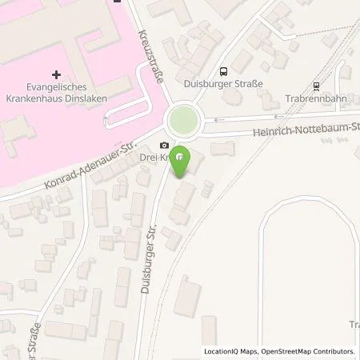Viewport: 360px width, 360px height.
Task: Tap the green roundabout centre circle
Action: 182,122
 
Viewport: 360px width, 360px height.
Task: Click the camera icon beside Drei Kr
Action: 164,145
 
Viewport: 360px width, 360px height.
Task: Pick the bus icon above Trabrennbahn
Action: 318,86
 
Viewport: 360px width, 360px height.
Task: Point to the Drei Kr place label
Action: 154,158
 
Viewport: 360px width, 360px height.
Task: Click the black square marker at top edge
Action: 118,2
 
